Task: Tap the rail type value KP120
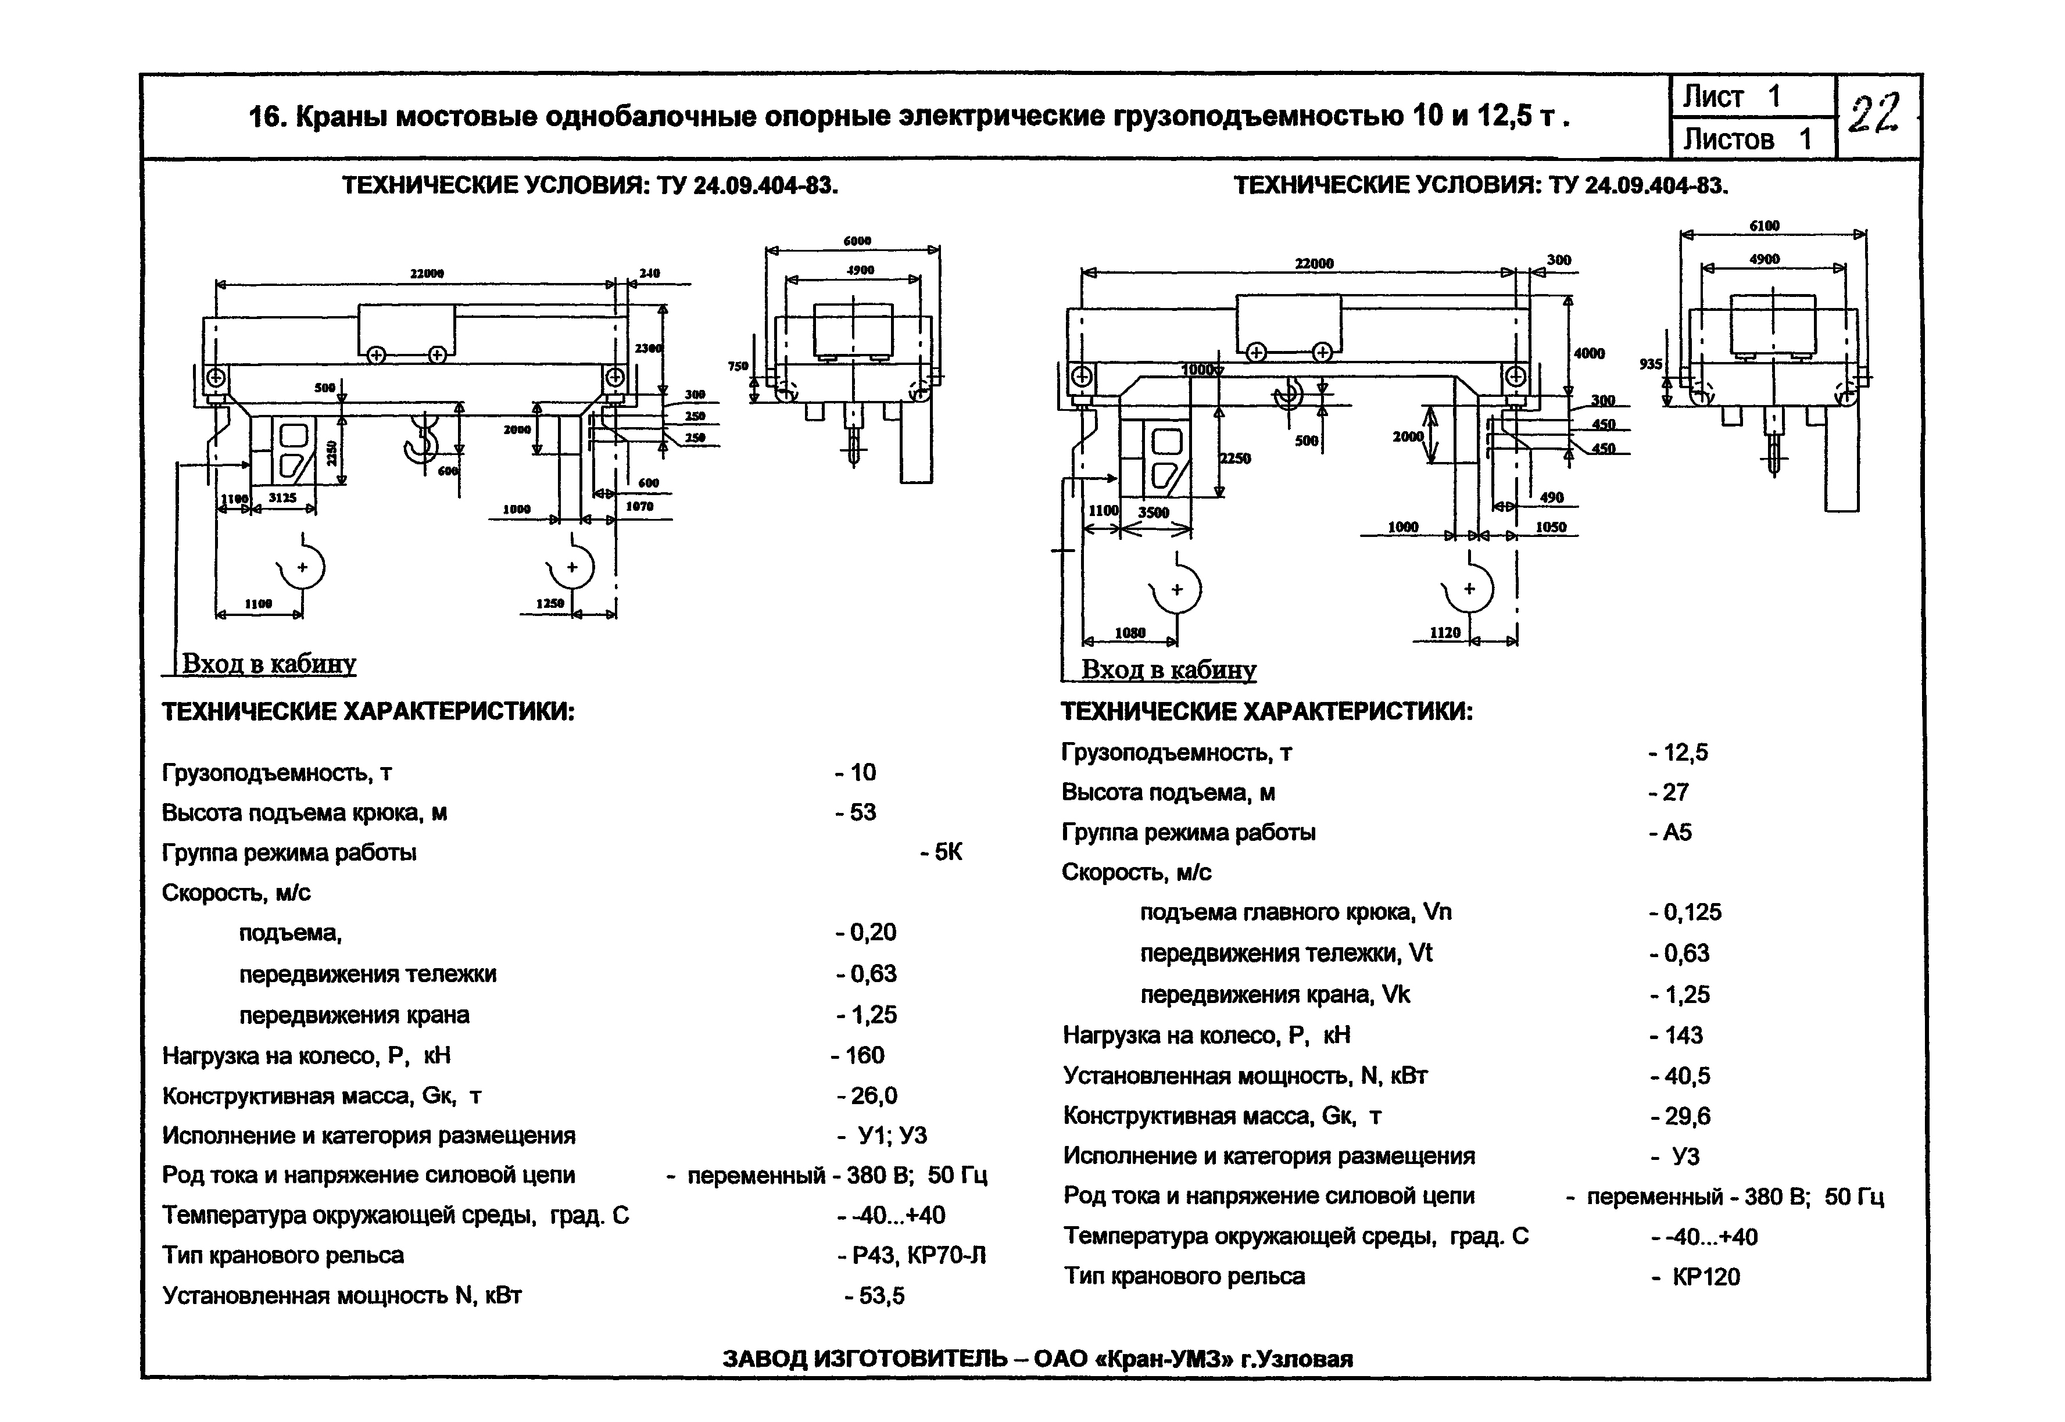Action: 1705,1277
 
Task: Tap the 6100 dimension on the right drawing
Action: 1764,226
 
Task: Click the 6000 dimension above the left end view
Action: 857,241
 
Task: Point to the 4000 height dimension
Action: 1588,354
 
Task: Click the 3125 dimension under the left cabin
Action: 282,498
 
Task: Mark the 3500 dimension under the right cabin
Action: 1154,513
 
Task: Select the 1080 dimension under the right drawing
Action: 1130,633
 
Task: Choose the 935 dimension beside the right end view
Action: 1651,364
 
